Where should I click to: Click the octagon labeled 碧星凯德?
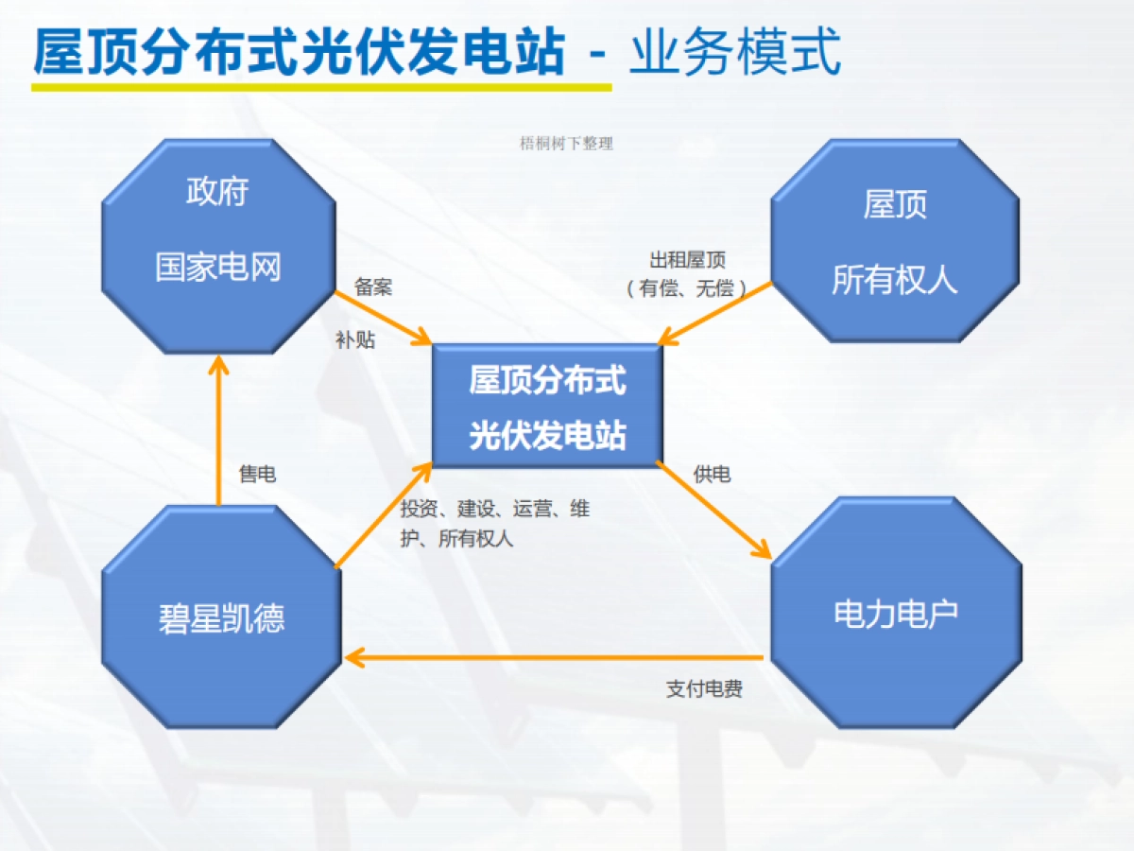click(221, 617)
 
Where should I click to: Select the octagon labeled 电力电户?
click(896, 613)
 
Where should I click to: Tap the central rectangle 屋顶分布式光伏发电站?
click(547, 407)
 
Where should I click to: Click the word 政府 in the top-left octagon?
click(217, 192)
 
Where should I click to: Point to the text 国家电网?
click(218, 267)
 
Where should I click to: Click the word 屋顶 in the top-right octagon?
click(895, 204)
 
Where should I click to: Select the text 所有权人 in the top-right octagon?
click(895, 280)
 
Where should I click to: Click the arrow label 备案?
click(373, 287)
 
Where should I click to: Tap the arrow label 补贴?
click(355, 340)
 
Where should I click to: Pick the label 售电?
click(257, 475)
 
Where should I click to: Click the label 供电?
click(712, 475)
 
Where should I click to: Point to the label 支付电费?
click(704, 689)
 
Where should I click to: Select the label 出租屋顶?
click(687, 261)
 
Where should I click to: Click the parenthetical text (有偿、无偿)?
click(687, 288)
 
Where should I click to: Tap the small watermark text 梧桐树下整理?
click(567, 144)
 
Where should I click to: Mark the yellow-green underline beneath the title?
click(321, 86)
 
